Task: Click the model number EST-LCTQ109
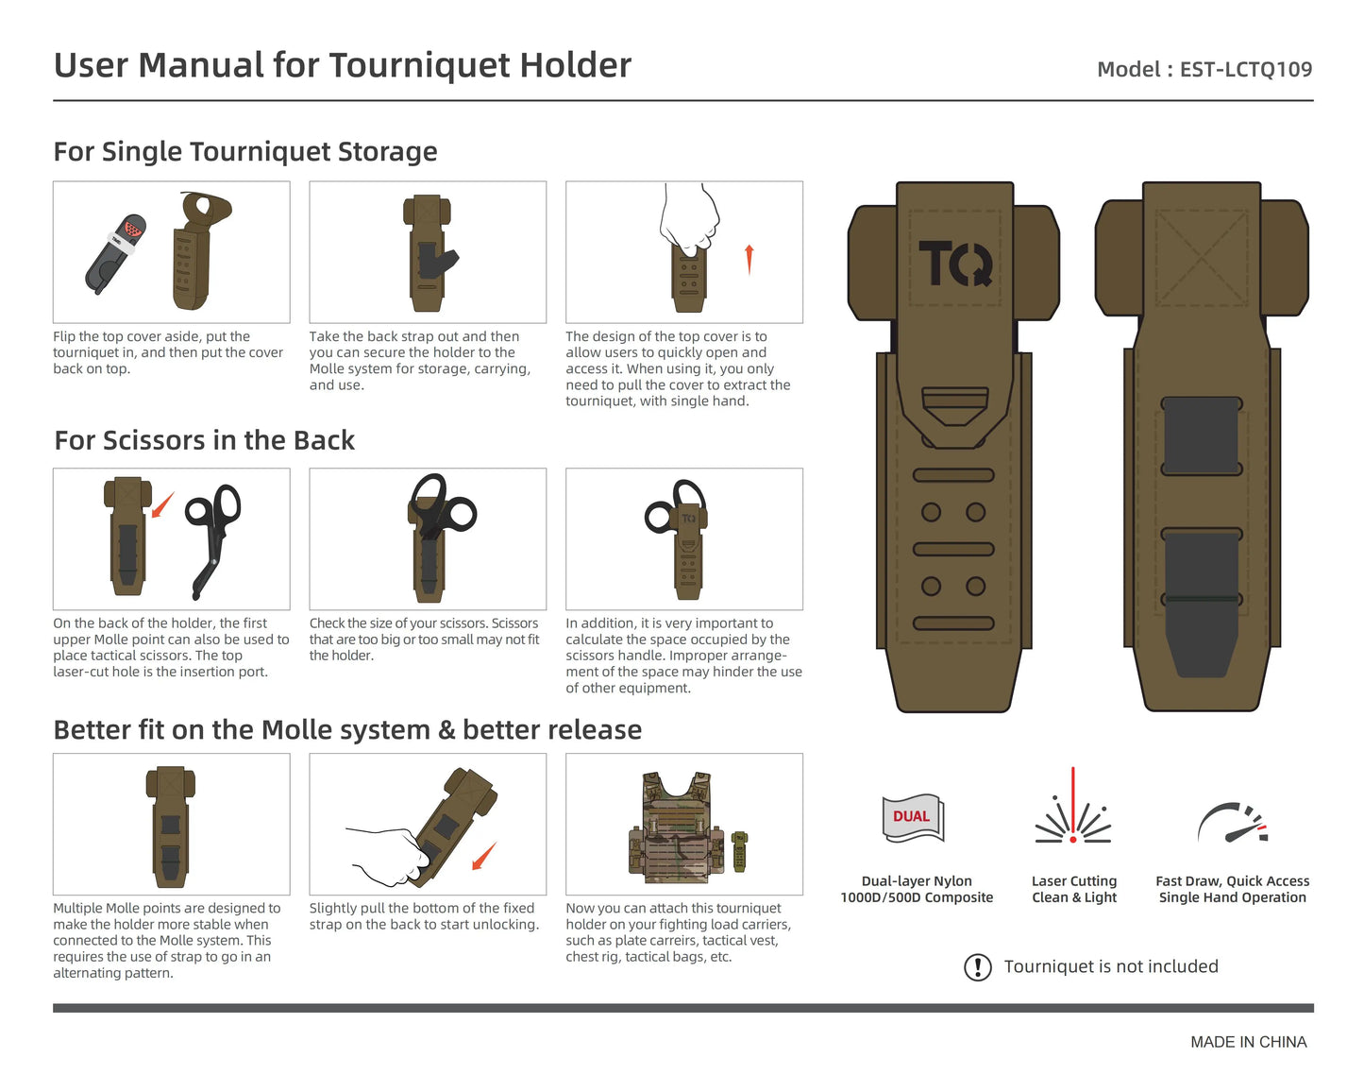(x=1245, y=70)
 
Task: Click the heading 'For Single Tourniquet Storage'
(x=245, y=152)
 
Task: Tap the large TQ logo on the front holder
(x=954, y=263)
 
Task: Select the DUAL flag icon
(x=912, y=817)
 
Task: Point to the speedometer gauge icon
(x=1233, y=823)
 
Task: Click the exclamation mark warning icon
(x=977, y=967)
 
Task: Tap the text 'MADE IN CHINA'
(x=1248, y=1042)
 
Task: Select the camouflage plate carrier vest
(x=673, y=825)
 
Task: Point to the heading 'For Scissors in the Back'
(x=205, y=441)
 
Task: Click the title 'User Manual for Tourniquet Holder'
(x=343, y=66)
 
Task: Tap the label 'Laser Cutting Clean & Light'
(x=1074, y=890)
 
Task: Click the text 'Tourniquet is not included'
(x=1111, y=966)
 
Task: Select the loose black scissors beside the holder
(x=213, y=535)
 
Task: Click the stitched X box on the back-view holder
(x=1201, y=257)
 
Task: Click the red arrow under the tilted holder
(x=483, y=857)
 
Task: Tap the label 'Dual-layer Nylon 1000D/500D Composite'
(x=917, y=890)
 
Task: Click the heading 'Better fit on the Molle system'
(x=347, y=730)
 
